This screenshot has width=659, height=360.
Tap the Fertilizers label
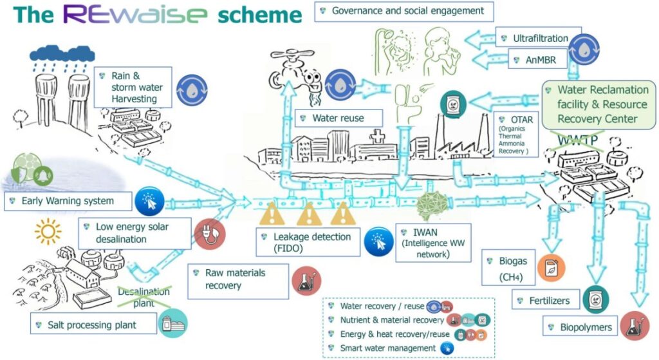click(546, 301)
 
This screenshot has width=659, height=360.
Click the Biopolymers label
click(579, 327)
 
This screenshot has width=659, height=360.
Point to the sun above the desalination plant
click(46, 230)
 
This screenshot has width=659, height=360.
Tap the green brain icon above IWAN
click(430, 206)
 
